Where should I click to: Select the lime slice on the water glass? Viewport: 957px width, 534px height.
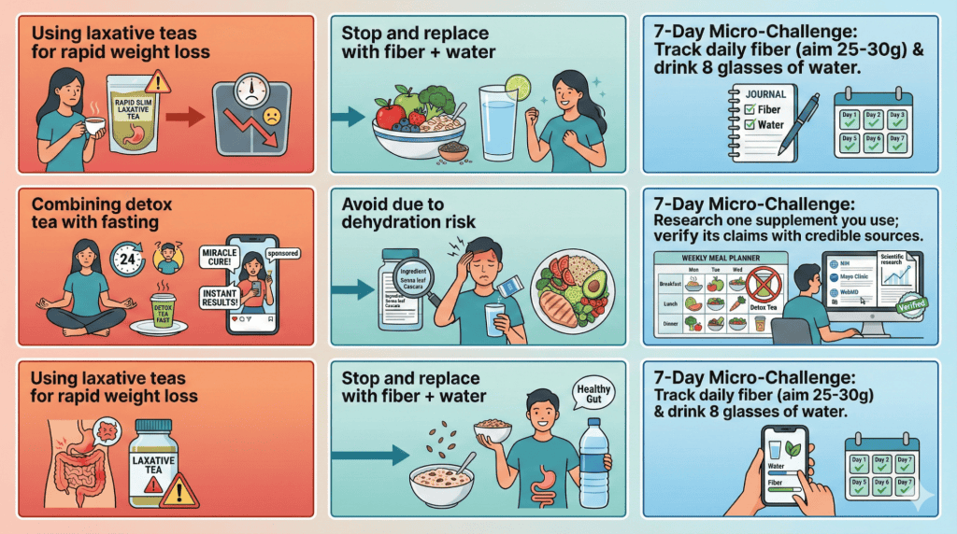click(516, 88)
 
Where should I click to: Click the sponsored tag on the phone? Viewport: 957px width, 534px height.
click(283, 251)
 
